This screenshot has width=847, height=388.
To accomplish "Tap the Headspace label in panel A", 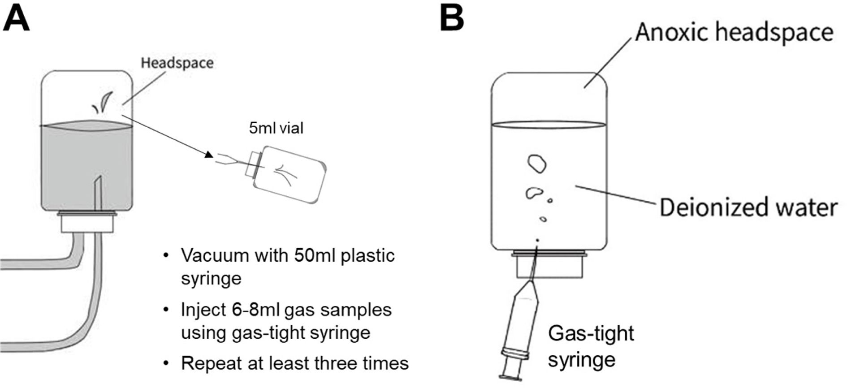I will pos(177,63).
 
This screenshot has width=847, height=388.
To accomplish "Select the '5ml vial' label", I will pos(276,128).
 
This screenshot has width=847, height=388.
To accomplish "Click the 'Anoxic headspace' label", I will pos(734,32).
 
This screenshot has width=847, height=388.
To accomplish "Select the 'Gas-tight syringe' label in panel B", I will pos(591,346).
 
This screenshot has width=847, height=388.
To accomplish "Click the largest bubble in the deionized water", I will pos(537,164).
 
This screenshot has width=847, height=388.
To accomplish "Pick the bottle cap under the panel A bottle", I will pos(87,222).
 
